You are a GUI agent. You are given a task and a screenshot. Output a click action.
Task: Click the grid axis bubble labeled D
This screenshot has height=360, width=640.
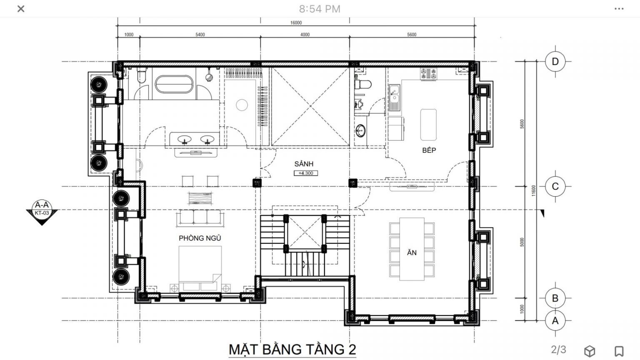tap(555, 61)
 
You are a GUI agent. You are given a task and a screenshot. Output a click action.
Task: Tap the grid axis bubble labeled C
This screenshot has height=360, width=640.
tap(555, 187)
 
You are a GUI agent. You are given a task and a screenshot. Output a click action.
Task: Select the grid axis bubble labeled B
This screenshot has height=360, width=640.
tap(555, 298)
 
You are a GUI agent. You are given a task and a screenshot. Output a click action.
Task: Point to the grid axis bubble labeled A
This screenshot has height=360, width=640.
tap(555, 320)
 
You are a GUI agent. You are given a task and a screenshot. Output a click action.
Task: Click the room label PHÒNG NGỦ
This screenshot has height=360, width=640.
tap(200, 238)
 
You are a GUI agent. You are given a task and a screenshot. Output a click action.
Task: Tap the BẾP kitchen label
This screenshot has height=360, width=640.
tap(429, 150)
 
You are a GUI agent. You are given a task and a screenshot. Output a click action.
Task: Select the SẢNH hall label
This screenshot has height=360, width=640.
tap(304, 164)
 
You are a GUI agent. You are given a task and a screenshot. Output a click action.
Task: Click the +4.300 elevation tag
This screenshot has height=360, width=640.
tap(306, 173)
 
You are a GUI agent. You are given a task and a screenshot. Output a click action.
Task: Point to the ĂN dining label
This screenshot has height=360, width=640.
tap(412, 252)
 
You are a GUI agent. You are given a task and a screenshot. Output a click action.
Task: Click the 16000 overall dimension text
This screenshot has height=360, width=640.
tap(296, 22)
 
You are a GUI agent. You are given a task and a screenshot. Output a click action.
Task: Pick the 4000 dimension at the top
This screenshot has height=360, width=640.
tap(305, 35)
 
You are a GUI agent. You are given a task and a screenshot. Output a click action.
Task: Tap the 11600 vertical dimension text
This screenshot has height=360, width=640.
tap(533, 190)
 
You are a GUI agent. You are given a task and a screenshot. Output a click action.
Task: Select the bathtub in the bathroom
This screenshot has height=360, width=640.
tap(174, 84)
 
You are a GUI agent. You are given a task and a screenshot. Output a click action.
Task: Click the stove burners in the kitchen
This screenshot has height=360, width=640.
tap(428, 74)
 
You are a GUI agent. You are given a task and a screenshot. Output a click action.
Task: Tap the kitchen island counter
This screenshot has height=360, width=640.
tap(428, 125)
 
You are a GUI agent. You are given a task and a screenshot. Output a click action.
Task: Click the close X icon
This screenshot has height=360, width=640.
tap(21, 9)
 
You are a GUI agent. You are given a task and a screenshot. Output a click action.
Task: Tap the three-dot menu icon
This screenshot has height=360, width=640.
tap(619, 9)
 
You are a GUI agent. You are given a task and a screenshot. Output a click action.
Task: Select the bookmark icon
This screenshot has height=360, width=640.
tap(619, 351)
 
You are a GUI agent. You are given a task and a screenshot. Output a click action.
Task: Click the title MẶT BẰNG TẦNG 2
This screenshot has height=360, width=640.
tap(292, 350)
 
